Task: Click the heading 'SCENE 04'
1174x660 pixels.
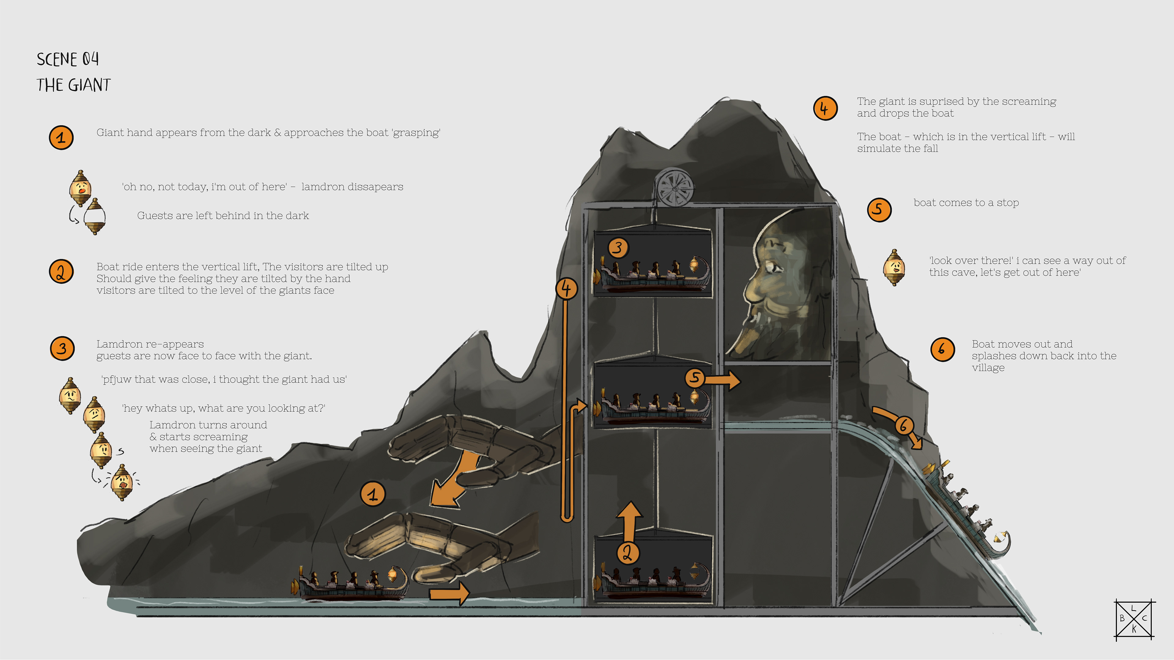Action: click(x=68, y=59)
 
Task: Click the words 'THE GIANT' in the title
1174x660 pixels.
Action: click(x=73, y=85)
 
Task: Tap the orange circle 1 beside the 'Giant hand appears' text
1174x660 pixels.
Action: click(x=61, y=137)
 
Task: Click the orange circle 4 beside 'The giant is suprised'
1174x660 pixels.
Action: click(x=825, y=108)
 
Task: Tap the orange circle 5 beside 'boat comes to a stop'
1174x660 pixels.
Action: click(x=879, y=210)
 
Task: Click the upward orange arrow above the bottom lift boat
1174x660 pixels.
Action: click(x=629, y=519)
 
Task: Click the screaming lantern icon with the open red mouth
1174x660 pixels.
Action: click(x=122, y=482)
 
